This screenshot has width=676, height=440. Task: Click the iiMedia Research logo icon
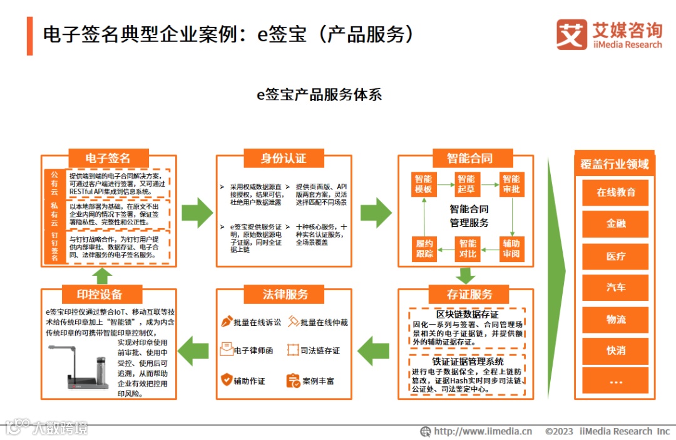click(x=571, y=34)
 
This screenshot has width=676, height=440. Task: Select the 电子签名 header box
click(x=108, y=157)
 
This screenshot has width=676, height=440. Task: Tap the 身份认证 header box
click(x=284, y=157)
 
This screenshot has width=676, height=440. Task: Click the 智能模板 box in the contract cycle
click(x=424, y=184)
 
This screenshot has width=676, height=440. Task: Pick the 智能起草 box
click(x=466, y=184)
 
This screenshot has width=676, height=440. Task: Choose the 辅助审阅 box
click(x=511, y=248)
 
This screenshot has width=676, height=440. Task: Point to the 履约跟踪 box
click(x=424, y=248)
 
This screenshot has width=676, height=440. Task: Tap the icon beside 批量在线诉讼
click(x=227, y=322)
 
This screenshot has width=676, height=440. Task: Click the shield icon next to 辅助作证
click(x=227, y=380)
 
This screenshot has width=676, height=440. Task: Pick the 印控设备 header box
click(x=100, y=295)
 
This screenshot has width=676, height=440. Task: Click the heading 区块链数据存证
click(x=467, y=314)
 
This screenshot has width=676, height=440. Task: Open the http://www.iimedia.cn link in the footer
click(x=482, y=431)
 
